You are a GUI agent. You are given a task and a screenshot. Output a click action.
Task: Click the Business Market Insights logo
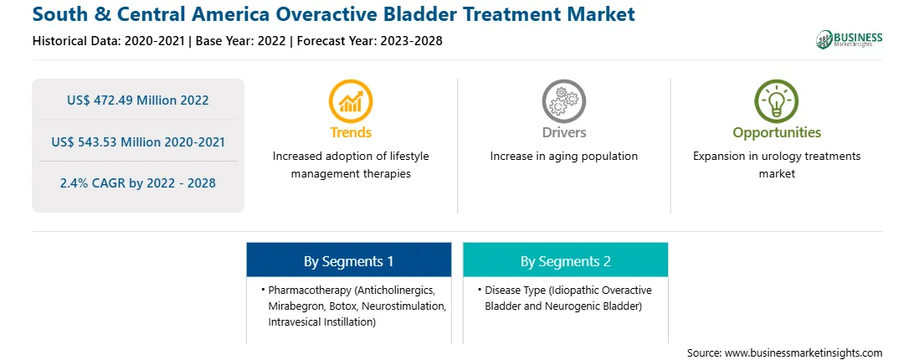[x=849, y=39]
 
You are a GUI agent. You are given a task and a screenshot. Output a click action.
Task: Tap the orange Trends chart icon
[x=351, y=101]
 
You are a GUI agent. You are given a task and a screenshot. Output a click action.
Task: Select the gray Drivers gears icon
[x=563, y=101]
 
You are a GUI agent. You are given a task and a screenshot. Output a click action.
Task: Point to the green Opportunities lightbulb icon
[x=777, y=101]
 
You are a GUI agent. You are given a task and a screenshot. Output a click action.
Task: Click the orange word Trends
[x=351, y=132]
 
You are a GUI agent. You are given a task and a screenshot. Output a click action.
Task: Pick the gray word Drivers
[x=563, y=132]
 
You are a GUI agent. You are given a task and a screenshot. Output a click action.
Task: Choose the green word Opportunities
[x=777, y=132]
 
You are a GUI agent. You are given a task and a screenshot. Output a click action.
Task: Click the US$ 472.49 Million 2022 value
[x=137, y=100]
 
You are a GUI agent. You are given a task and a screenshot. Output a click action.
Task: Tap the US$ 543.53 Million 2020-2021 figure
[x=137, y=141]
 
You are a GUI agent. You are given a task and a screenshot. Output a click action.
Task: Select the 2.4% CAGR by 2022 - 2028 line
[x=137, y=183]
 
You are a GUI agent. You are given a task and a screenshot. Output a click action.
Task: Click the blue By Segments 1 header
[x=348, y=261]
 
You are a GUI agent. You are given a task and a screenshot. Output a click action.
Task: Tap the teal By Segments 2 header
[x=566, y=261]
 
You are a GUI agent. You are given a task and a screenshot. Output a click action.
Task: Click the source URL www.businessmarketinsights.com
[x=804, y=352]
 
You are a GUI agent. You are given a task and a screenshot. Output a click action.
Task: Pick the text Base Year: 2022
[x=241, y=41]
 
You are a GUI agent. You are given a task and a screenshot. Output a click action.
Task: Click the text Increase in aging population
[x=563, y=157]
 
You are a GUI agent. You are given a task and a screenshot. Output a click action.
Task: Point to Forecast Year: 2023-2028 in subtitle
[x=370, y=41]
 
